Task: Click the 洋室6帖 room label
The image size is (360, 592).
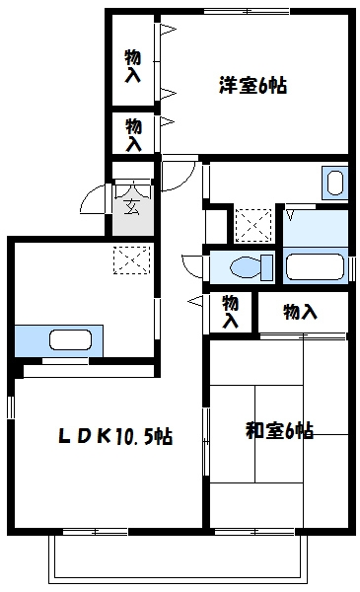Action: pyautogui.click(x=252, y=85)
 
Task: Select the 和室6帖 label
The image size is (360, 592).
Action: pyautogui.click(x=279, y=430)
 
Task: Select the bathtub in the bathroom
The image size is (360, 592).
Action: pyautogui.click(x=314, y=266)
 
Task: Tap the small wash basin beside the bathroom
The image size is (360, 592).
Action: pyautogui.click(x=334, y=184)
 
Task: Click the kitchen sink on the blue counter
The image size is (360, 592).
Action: pyautogui.click(x=71, y=341)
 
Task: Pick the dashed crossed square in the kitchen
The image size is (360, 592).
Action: pyautogui.click(x=129, y=259)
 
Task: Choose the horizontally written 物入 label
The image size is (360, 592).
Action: pyautogui.click(x=300, y=313)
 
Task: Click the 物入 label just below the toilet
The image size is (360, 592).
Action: pyautogui.click(x=231, y=312)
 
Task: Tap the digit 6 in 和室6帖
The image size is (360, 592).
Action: pyautogui.click(x=286, y=430)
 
